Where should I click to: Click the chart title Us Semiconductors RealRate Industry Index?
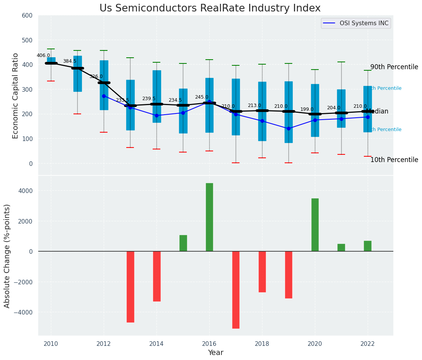pos(210,8)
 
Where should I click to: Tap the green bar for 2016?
pos(209,217)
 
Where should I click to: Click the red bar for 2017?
pos(236,290)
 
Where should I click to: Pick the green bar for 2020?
pos(315,225)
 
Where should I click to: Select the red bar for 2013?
pos(130,287)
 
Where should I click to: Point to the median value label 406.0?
pos(43,55)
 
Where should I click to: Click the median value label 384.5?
pos(70,61)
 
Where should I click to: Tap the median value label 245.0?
pos(202,97)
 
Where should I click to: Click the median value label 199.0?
pos(307,109)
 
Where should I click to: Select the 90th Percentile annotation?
pos(394,67)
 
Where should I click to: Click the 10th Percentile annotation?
pos(394,160)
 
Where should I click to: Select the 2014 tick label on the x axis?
pos(156,344)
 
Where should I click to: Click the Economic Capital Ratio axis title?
pos(16,96)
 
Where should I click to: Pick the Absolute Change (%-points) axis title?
pos(7,256)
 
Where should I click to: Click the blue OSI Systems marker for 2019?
pos(288,128)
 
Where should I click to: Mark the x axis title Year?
pos(216,353)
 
